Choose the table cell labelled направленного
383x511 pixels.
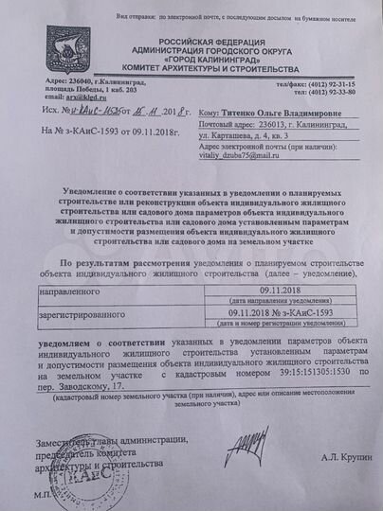pyautogui.click(x=65, y=294)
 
